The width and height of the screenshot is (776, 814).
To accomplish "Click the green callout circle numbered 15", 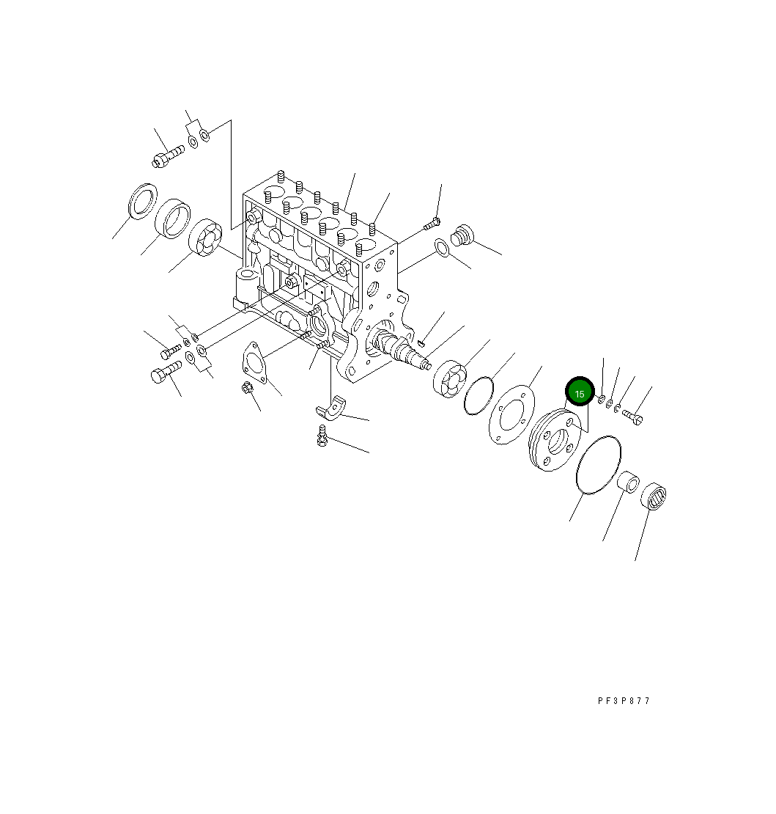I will [x=579, y=394].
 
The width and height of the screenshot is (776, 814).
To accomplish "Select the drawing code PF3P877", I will [x=624, y=701].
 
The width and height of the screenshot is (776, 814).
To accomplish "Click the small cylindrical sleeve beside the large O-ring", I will [x=628, y=483].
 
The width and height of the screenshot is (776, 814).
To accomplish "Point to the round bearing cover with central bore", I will [x=555, y=442].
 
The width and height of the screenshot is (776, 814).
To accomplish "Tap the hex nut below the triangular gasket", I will [x=247, y=388].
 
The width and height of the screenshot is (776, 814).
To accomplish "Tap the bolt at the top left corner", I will [x=168, y=156].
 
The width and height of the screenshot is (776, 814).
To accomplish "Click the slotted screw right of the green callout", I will [x=633, y=416].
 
